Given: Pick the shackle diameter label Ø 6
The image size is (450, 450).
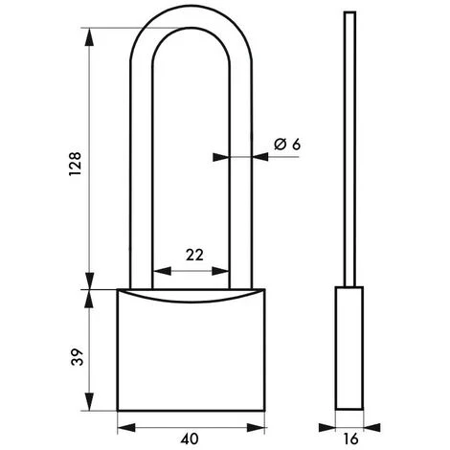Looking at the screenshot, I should pos(287,144).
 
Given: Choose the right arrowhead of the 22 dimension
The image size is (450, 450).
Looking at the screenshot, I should pos(230,269).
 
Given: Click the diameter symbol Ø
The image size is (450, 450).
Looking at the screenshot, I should pos(280,144).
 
